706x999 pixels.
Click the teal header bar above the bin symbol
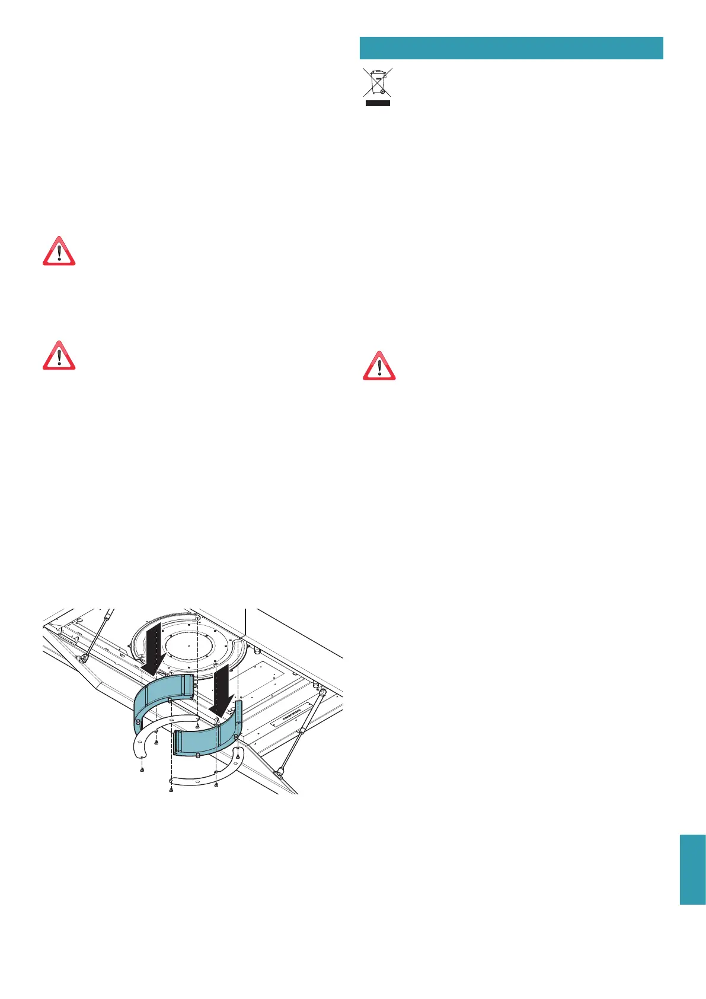pyautogui.click(x=511, y=47)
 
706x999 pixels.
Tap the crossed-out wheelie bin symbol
pyautogui.click(x=377, y=83)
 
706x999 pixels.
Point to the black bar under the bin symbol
pyautogui.click(x=377, y=103)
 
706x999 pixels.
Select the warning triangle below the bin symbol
pyautogui.click(x=379, y=365)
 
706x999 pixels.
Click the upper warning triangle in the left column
pyautogui.click(x=59, y=251)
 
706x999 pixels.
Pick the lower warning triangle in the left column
pyautogui.click(x=59, y=355)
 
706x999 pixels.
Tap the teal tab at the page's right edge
pyautogui.click(x=692, y=869)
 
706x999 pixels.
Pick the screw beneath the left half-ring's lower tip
pyautogui.click(x=142, y=769)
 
